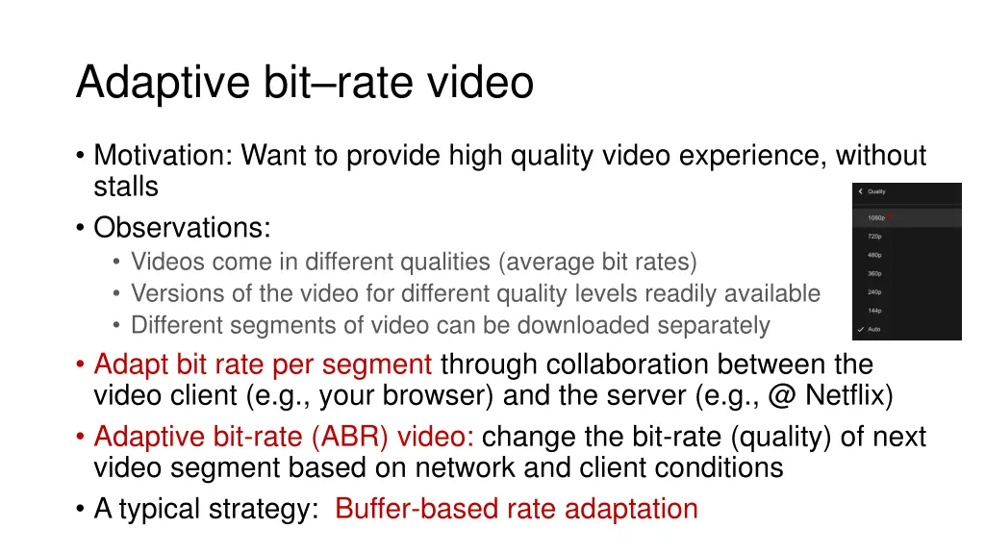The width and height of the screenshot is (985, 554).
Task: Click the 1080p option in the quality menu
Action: [x=875, y=217]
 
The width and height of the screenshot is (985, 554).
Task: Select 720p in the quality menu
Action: [x=874, y=236]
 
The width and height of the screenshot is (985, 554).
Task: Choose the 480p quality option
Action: [x=874, y=255]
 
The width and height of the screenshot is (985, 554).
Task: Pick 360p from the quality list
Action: [x=874, y=273]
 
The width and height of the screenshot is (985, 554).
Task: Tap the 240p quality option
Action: [x=874, y=292]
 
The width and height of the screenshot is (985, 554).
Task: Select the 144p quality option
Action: [x=874, y=311]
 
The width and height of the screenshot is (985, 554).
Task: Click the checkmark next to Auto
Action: [x=861, y=330]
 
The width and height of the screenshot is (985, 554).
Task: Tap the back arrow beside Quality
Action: [x=861, y=191]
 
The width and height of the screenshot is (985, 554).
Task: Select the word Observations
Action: [x=182, y=229]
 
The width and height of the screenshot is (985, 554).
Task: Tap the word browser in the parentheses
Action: [x=443, y=394]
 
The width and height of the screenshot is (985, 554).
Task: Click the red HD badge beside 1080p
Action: [x=891, y=215]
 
